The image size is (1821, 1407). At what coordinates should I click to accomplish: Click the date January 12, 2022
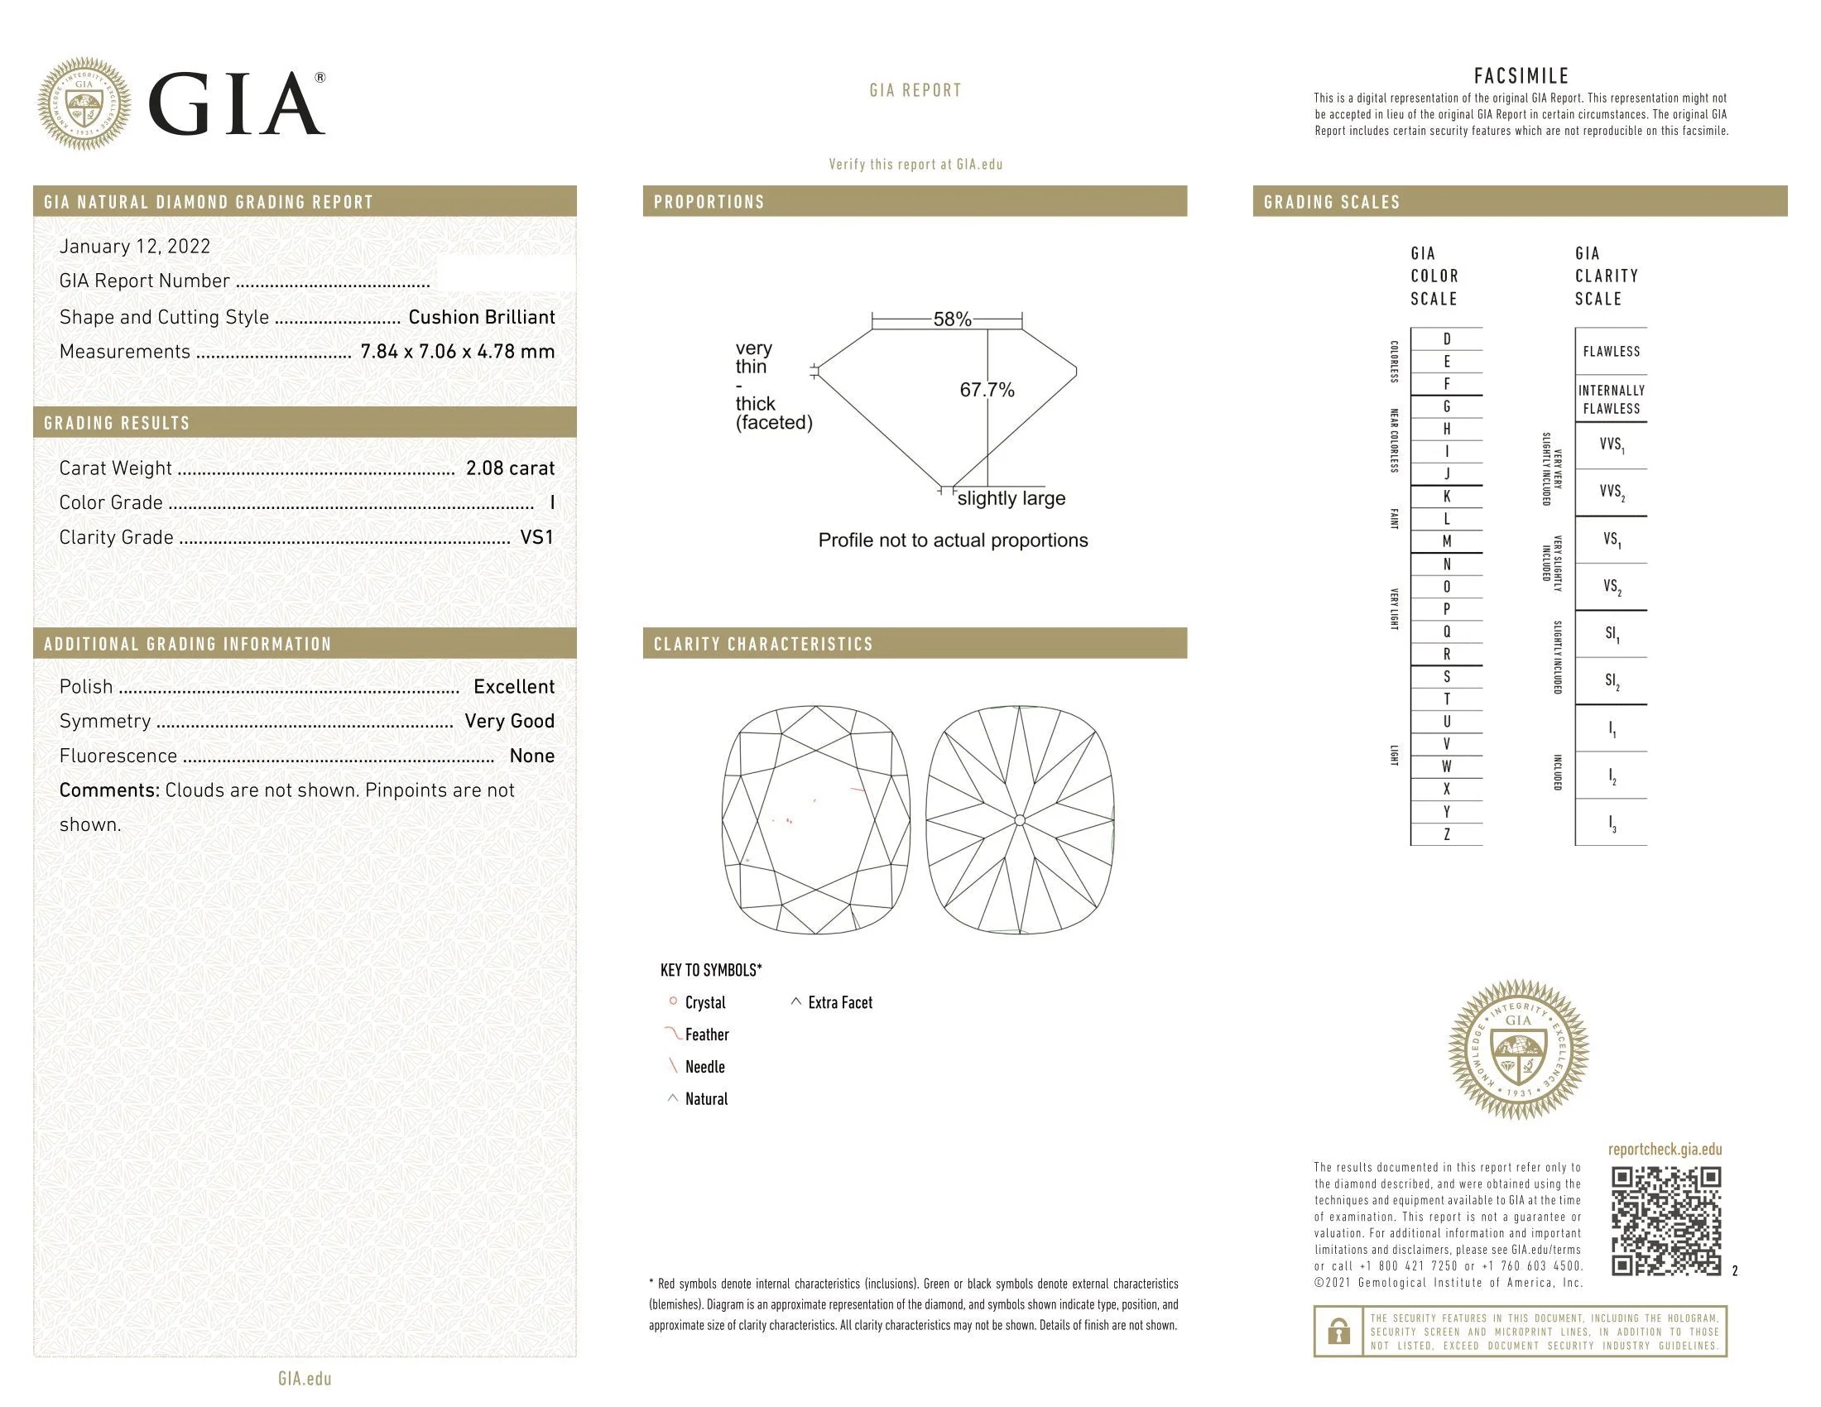pos(134,247)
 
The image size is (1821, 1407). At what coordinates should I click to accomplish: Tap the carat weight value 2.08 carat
pos(509,468)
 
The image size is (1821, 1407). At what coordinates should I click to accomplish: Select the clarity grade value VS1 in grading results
pos(536,538)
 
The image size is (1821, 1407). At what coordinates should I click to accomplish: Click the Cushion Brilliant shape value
pos(481,318)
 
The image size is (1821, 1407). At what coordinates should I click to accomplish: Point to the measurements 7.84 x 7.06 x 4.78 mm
pos(457,352)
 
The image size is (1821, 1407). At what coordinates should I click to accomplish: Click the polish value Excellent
pos(514,687)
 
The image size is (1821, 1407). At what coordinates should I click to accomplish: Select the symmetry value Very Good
pos(509,721)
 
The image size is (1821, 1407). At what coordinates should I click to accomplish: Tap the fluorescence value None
pos(531,756)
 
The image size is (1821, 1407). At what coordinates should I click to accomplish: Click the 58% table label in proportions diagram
pos(951,319)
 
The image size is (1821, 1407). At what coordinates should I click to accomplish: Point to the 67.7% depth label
pos(987,390)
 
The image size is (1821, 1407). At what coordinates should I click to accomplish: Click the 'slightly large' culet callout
pos(1011,498)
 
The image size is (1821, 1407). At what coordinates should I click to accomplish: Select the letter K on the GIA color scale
pos(1447,497)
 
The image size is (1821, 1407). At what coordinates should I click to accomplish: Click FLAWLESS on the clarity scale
pos(1611,352)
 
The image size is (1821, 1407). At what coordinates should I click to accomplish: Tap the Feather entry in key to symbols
pos(706,1035)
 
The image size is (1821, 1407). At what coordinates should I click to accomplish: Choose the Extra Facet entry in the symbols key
pos(838,1003)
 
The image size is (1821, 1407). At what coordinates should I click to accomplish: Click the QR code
pos(1665,1221)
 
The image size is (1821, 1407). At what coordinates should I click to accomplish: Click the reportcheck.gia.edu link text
pos(1665,1150)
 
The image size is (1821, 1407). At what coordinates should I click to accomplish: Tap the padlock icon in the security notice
pos(1338,1331)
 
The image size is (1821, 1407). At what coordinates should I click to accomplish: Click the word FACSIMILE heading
pos(1521,77)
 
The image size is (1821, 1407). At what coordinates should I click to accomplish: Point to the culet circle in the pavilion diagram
pos(1020,821)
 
